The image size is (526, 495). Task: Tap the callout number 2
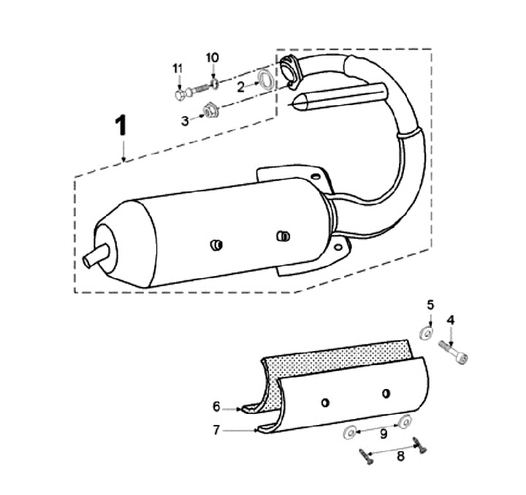click(240, 86)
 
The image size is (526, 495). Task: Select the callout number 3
click(185, 120)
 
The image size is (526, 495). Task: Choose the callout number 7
click(216, 430)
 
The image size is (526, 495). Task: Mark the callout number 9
click(383, 433)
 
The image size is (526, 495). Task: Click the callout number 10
click(212, 57)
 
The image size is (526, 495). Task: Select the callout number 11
click(178, 69)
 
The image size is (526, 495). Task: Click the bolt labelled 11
click(188, 93)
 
